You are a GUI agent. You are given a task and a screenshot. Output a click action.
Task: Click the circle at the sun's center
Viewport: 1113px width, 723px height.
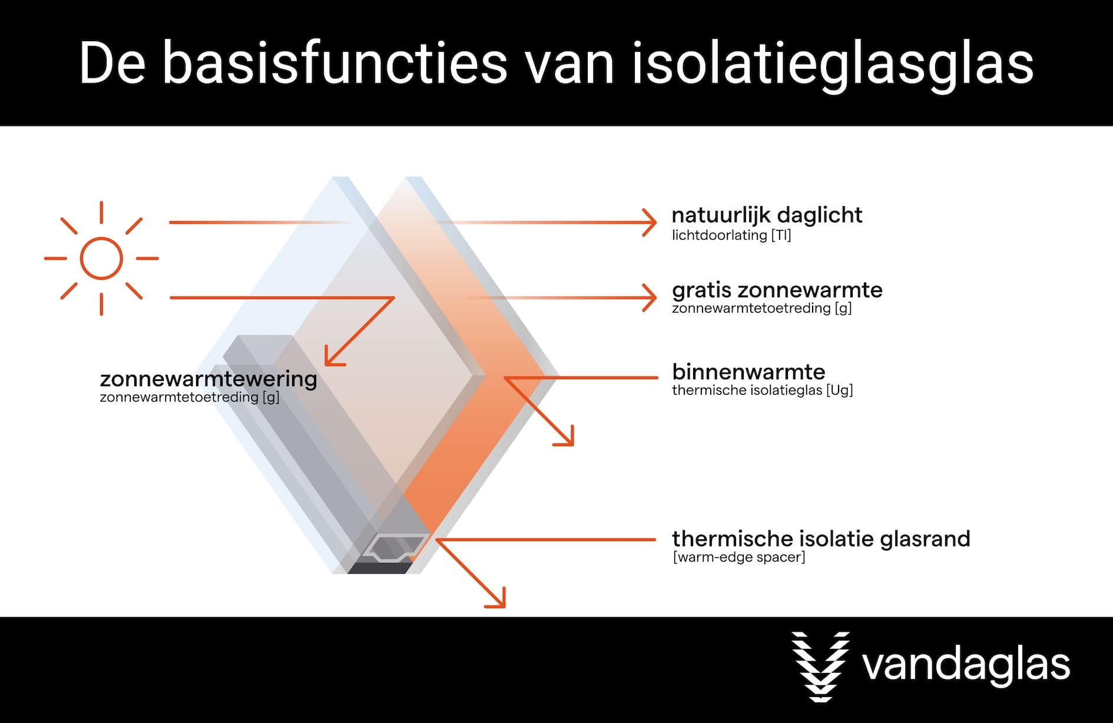(x=101, y=258)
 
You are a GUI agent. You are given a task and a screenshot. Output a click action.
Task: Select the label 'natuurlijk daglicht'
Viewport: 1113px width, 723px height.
(x=767, y=216)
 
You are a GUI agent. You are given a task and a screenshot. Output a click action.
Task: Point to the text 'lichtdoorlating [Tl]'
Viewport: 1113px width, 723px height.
(x=731, y=236)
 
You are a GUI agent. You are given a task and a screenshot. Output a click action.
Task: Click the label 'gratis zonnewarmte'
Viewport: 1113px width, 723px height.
(x=777, y=290)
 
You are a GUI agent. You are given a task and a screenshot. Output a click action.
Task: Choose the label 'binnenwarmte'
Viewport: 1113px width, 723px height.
(x=748, y=372)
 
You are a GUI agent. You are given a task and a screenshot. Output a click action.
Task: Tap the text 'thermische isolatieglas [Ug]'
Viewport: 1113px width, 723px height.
(x=763, y=390)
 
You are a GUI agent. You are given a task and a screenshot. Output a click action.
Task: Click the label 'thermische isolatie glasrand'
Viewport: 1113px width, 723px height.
(x=821, y=538)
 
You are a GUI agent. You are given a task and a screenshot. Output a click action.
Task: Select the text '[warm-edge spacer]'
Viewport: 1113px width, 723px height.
(x=739, y=557)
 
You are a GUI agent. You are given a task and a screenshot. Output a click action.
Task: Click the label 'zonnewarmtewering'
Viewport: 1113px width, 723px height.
(x=208, y=379)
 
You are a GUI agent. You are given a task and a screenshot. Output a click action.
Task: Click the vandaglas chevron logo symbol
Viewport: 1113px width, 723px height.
(x=820, y=666)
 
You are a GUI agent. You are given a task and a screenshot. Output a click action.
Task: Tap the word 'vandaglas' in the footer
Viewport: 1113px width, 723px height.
(x=966, y=665)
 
